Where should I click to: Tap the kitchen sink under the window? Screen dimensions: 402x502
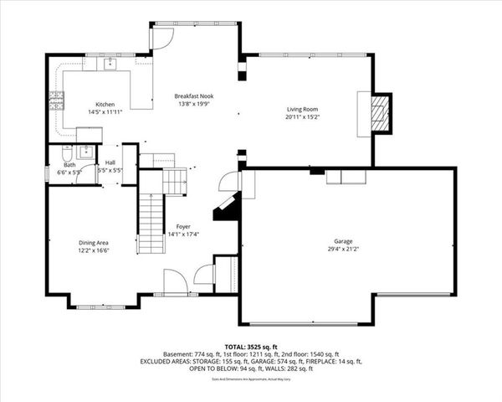coord(110,64)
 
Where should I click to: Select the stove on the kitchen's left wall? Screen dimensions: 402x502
coord(57,102)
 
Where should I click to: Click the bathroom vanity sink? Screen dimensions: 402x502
coord(85,151)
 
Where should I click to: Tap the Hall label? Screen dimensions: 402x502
coord(110,162)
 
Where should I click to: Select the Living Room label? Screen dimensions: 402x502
coord(302,109)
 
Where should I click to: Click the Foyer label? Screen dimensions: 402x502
coord(182,227)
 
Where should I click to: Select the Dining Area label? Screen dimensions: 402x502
coord(94,242)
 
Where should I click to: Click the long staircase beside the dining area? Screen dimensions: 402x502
coord(150,222)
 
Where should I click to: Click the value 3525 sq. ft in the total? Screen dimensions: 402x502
coord(267,346)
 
